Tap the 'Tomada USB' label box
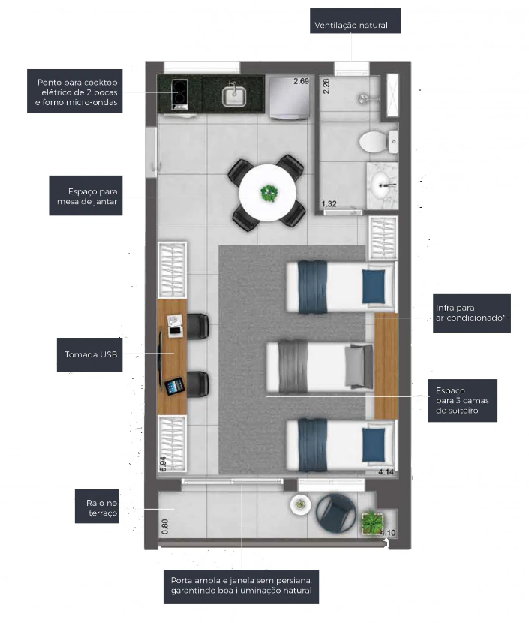point(90,354)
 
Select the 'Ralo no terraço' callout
point(97,506)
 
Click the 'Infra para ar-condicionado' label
point(471,313)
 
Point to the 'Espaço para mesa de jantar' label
point(86,196)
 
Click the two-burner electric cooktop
point(179,94)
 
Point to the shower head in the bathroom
point(363,98)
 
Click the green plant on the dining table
point(269,194)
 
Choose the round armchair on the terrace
point(336,513)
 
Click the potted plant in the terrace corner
point(372,523)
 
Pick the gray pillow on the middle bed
point(359,366)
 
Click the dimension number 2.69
point(301,81)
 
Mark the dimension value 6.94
point(163,464)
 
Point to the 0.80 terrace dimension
point(165,527)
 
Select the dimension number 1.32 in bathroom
point(329,204)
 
